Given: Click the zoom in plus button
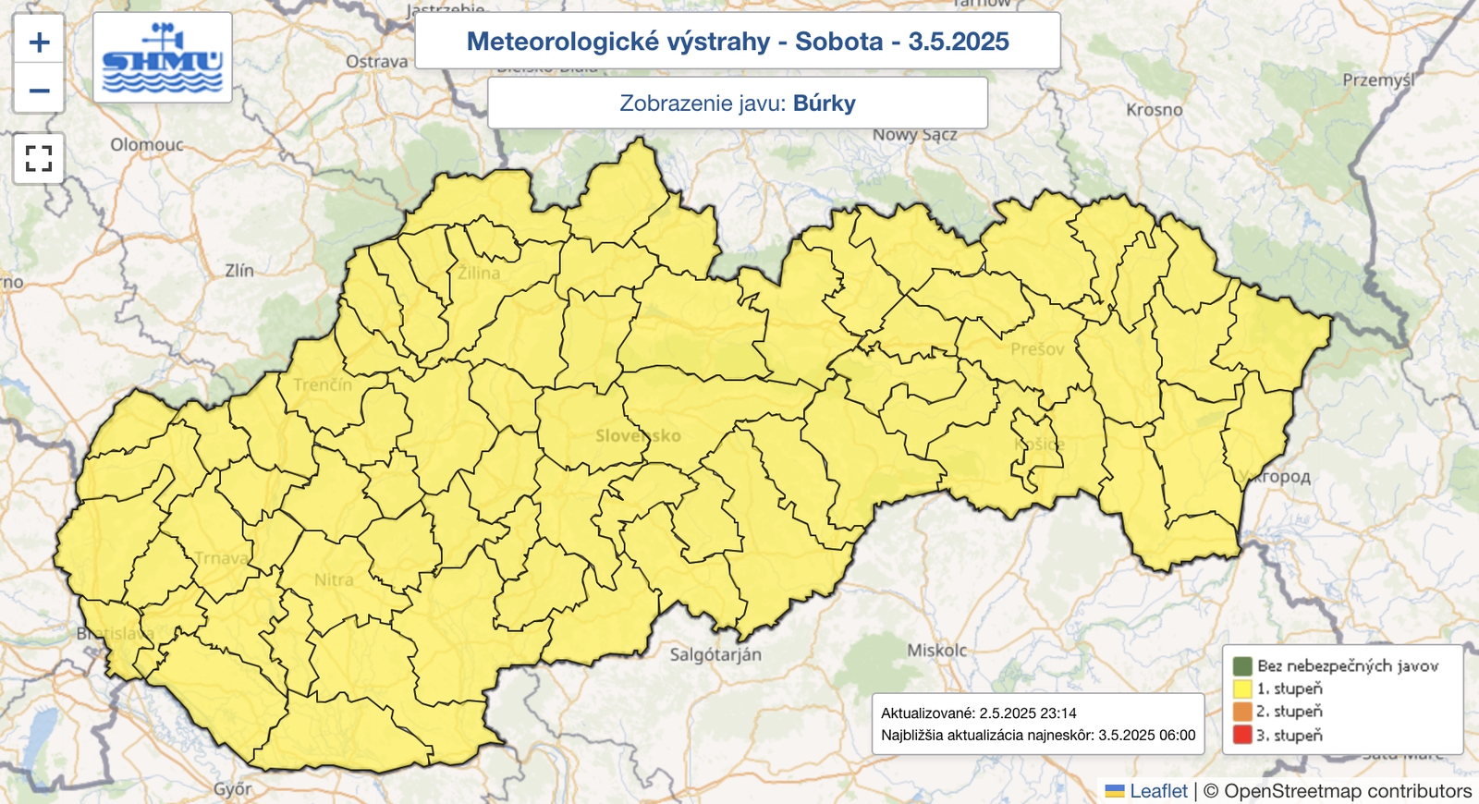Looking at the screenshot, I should pos(39,42).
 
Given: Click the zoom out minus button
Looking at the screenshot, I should pos(39,91).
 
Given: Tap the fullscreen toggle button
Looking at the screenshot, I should pos(39,158).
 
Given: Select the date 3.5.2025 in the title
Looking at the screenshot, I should pos(959,42).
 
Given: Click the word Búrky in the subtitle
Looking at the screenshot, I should pos(824,104).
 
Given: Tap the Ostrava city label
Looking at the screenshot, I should pos(376,62).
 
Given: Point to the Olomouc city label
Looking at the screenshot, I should pos(147,145).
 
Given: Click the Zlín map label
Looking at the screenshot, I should pos(239,271).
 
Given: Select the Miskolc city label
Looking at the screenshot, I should pos(936,651).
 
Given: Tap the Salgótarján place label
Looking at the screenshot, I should pos(715,655).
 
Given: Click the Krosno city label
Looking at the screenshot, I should pos(1154,110).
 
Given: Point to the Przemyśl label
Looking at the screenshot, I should pos(1378,80).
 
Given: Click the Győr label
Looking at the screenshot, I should pos(232,789).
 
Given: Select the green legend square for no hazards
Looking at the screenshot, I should pos(1241,665).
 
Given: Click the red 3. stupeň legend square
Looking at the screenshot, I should pos(1241,736).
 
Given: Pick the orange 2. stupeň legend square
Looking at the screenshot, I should pos(1241,712).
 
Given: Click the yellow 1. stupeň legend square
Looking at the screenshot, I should pos(1241,688).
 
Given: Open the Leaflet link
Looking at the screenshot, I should pos(1158,791).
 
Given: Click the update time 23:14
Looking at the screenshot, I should pos(1054,713).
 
